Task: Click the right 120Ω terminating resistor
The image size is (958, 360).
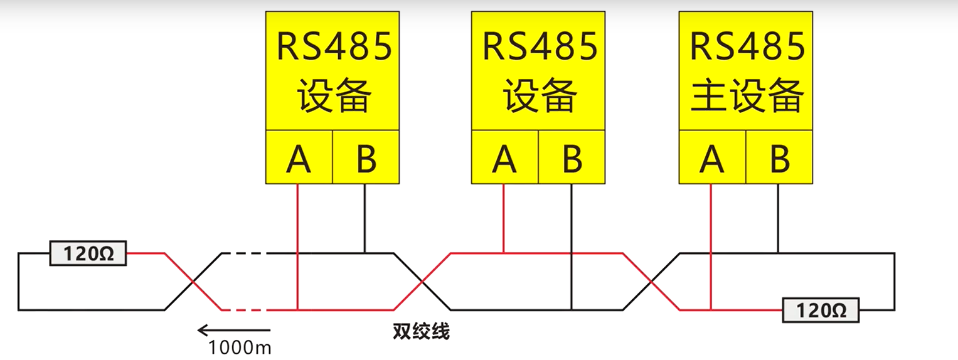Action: [821, 310]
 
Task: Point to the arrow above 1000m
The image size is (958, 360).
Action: [233, 330]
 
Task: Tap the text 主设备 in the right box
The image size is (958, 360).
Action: [747, 95]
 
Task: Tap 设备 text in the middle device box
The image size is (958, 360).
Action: [540, 95]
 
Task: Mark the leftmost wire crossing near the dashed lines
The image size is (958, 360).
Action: [193, 282]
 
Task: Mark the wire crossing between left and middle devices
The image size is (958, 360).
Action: [422, 282]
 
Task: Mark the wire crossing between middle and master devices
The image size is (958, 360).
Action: [651, 282]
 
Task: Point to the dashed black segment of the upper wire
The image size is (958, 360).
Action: [245, 253]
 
